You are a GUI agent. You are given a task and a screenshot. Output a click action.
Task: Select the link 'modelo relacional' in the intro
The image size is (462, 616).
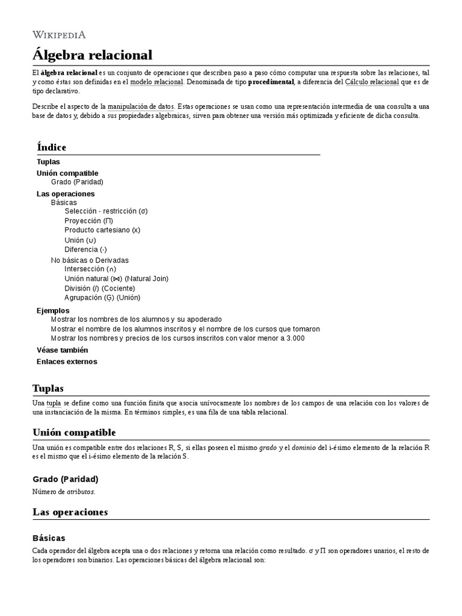coord(156,82)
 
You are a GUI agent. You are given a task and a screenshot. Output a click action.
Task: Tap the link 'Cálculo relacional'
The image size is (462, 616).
coord(372,82)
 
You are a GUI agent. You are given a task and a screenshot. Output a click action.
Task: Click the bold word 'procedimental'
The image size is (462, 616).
coord(271,82)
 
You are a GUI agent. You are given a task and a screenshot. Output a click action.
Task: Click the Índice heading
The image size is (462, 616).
coord(52,147)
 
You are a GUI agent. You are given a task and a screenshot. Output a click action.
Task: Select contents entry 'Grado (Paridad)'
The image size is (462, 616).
coord(77,182)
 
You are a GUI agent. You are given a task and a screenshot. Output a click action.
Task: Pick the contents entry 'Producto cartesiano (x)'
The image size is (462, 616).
coord(102,230)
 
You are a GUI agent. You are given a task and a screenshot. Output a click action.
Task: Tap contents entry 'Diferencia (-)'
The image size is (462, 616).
coord(85,249)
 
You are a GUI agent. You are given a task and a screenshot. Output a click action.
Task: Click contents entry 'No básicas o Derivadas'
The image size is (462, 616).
coord(90,260)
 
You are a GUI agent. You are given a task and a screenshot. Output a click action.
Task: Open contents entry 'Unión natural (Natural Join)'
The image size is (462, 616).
coord(116,279)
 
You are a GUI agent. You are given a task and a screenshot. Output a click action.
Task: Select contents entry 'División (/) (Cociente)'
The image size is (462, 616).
coord(99,288)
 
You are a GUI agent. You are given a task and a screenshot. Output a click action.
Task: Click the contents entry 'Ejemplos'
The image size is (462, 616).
coord(53,310)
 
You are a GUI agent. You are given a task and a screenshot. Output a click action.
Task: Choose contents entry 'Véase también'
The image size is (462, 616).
coord(62,350)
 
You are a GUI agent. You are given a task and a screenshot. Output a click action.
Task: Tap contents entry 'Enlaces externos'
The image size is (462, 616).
coord(67,362)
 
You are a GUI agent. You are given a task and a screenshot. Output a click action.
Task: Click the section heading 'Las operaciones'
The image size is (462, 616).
coord(70,512)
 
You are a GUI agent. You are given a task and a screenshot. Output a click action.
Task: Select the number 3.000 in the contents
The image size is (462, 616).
coord(294,338)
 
